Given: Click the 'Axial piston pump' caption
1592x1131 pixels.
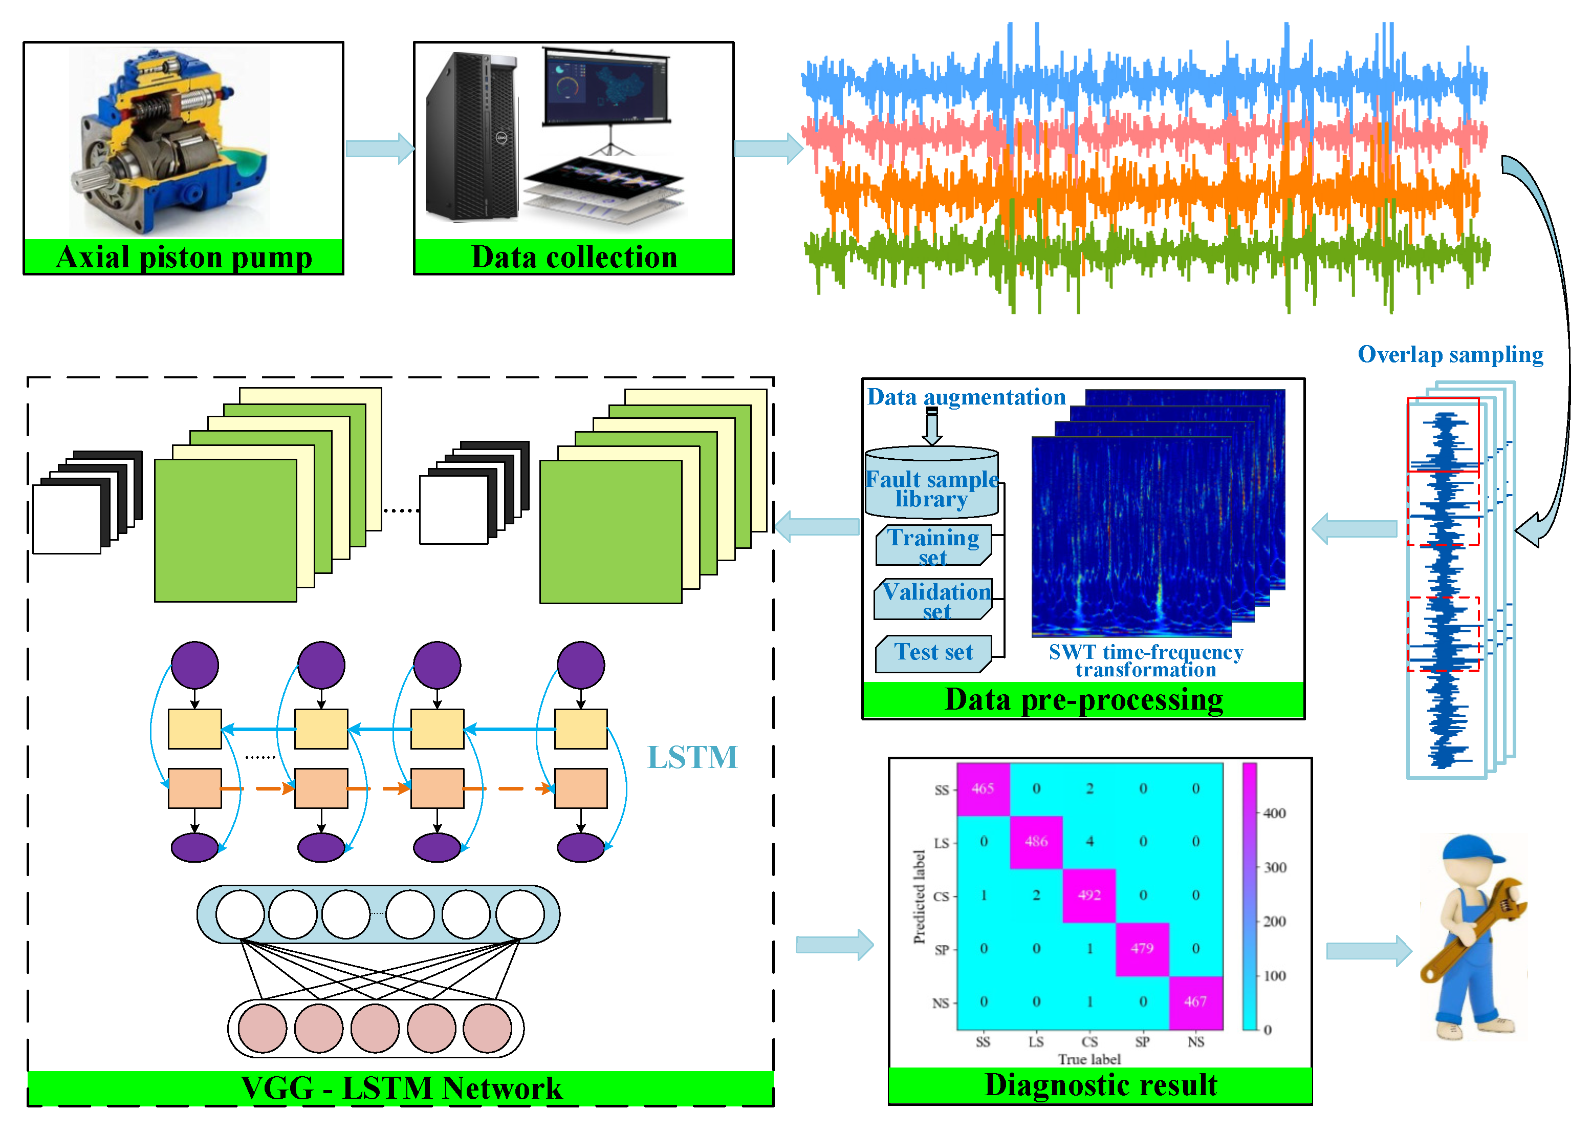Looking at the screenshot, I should coord(184,257).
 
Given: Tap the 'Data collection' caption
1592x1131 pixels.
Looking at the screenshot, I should coord(574,257).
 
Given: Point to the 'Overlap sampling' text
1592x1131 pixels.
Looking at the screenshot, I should coord(1451,354).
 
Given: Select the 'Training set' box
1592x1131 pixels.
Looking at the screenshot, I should coord(933,546).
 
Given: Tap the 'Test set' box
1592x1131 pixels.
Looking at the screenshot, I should coord(933,653).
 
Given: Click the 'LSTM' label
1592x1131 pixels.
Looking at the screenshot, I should coord(692,758).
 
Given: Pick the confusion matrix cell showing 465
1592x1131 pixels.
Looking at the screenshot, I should coord(983,789).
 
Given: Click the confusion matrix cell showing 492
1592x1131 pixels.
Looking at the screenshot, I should coord(1089,895).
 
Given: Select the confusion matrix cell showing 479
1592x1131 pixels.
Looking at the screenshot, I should coord(1142,949).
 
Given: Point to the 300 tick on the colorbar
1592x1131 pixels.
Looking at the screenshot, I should coord(1275,868).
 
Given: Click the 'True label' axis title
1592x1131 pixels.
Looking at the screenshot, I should coord(1089,1059).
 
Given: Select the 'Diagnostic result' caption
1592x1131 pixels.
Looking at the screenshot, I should coord(1101,1085).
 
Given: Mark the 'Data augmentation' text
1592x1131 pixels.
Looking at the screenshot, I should coord(966,397).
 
